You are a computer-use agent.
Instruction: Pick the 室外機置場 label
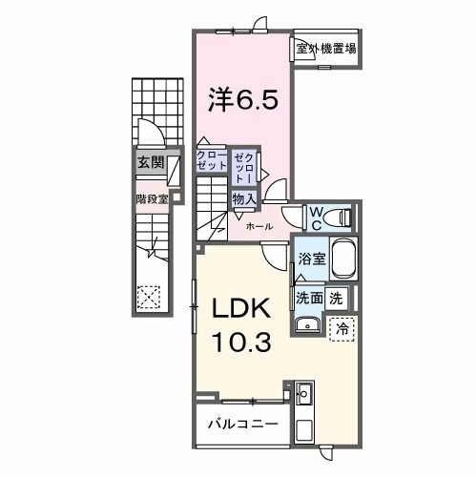point(325,49)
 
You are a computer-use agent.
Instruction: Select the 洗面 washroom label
point(309,298)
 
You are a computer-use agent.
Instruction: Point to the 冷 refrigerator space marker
point(341,326)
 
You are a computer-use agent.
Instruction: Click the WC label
point(313,218)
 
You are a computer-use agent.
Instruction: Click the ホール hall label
point(259,227)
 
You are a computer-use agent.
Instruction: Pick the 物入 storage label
point(243,198)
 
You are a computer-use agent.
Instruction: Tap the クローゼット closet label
point(213,159)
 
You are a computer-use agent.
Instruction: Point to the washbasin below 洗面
point(308,324)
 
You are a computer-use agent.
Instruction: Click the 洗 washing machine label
point(336,298)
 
